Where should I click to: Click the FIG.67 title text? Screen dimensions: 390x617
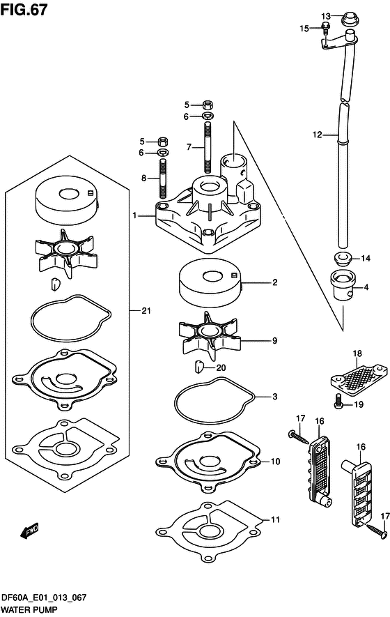(x=24, y=10)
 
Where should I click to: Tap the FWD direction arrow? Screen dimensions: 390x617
(x=29, y=531)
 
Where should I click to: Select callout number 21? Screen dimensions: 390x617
(x=146, y=311)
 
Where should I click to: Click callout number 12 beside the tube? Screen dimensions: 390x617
(x=318, y=135)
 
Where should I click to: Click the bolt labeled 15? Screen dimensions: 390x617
(x=325, y=28)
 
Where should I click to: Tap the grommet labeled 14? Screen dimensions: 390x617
(x=343, y=259)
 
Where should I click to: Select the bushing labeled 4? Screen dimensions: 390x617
(x=343, y=285)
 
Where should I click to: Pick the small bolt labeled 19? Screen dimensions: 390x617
(x=339, y=404)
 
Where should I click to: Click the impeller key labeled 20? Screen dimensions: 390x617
(x=198, y=367)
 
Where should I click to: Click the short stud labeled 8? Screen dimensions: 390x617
(x=163, y=178)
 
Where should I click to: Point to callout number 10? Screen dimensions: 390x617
(x=276, y=461)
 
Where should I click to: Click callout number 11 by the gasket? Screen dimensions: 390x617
(x=276, y=519)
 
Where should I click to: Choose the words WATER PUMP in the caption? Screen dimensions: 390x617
(x=29, y=610)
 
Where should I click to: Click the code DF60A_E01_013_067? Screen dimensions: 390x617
(x=44, y=597)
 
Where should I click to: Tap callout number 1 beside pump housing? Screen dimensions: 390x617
(x=134, y=215)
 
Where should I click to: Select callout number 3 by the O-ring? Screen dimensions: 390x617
(x=275, y=397)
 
